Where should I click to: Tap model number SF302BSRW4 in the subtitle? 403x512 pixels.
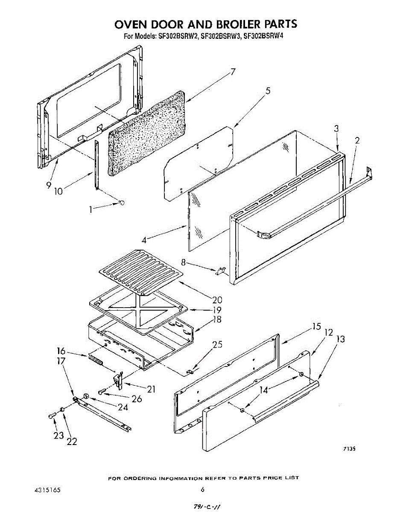coord(263,36)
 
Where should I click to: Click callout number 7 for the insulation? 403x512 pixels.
coord(233,72)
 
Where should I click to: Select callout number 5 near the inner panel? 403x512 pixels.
coord(268,90)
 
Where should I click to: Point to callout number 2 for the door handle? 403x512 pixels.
coord(357,140)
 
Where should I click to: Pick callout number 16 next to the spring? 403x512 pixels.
coord(61,351)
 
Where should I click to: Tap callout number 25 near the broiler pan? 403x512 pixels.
coord(217,345)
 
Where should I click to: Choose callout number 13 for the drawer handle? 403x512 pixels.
coord(340,340)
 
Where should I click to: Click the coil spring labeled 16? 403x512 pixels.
coord(96,360)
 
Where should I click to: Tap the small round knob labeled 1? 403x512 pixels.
coord(122,203)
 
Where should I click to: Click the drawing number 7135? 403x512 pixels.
coord(349,449)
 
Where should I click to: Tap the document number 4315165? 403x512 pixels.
coord(47,490)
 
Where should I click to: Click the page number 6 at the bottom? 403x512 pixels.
coord(203,490)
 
